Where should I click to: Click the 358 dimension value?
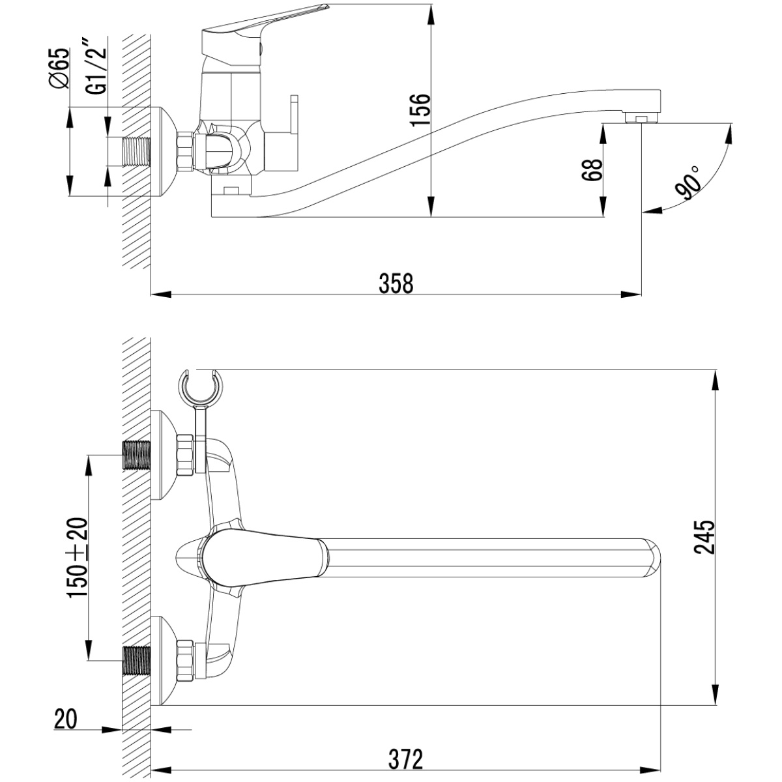(x=396, y=283)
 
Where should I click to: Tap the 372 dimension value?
(x=405, y=759)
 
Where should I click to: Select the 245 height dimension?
(x=704, y=537)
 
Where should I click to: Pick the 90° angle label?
(x=688, y=182)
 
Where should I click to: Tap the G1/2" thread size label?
(x=96, y=66)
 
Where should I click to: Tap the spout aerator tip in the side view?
(x=641, y=118)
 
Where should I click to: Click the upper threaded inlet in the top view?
(x=136, y=456)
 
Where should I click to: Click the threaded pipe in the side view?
(x=136, y=151)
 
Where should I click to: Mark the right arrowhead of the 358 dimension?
(x=631, y=294)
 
